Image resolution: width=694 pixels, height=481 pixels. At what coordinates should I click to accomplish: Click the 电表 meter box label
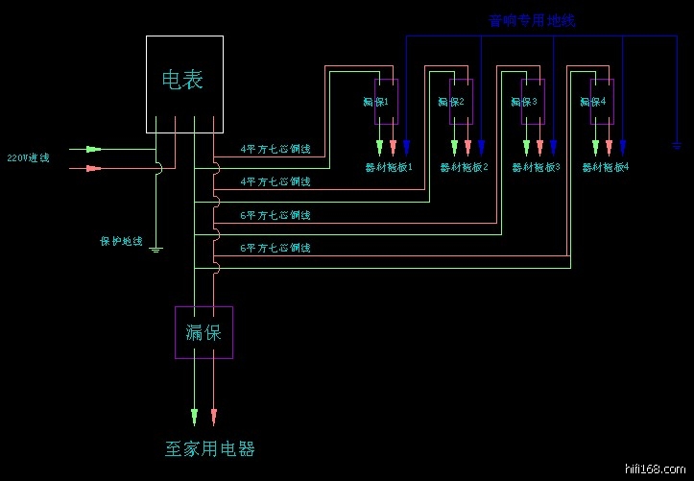click(x=182, y=80)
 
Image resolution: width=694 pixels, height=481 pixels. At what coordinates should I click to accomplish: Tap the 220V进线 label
click(x=28, y=157)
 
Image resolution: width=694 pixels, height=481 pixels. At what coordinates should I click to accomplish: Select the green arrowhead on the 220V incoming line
click(x=92, y=150)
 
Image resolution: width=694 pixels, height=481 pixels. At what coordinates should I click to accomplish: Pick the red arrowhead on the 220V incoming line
click(x=92, y=168)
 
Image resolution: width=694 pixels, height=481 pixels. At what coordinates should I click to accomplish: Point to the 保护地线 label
click(x=121, y=241)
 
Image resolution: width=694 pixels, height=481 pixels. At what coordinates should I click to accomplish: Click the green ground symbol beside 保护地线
click(x=156, y=249)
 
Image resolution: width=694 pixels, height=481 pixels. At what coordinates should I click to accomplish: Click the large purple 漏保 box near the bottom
click(x=203, y=332)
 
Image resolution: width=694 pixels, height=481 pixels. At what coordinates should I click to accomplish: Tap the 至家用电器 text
click(x=210, y=448)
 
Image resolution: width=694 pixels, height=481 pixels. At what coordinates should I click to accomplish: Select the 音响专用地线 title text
click(x=532, y=20)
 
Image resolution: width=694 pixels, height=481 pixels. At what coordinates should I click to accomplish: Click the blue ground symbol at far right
click(x=677, y=145)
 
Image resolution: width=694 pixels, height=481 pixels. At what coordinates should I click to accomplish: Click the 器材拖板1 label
click(x=389, y=167)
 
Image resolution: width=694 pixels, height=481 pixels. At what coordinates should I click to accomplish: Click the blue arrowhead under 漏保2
click(x=481, y=148)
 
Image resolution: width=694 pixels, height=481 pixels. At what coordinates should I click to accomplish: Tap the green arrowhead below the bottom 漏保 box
click(x=195, y=417)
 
